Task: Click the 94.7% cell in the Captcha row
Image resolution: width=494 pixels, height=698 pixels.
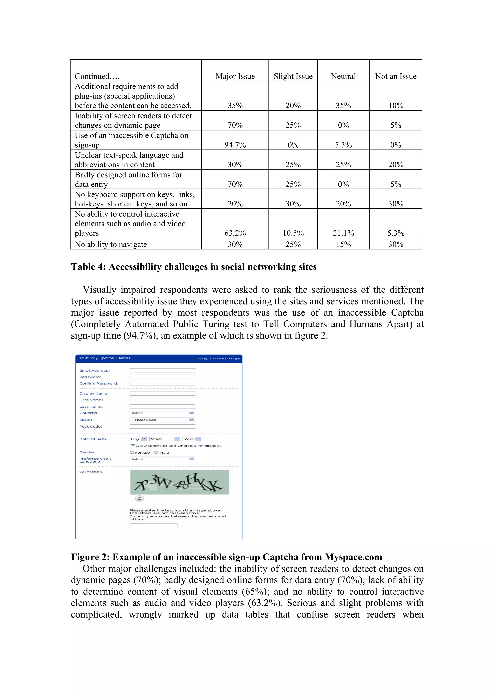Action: pyautogui.click(x=235, y=145)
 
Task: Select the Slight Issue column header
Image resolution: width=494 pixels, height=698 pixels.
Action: pyautogui.click(x=293, y=76)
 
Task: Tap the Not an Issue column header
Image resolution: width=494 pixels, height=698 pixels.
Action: pyautogui.click(x=395, y=76)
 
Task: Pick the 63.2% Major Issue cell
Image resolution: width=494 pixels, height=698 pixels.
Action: pyautogui.click(x=235, y=233)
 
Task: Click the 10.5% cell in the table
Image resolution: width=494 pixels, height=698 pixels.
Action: pyautogui.click(x=293, y=233)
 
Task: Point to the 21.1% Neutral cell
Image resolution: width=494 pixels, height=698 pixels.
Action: pyautogui.click(x=343, y=233)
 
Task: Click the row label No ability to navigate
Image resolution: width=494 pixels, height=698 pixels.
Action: pyautogui.click(x=111, y=244)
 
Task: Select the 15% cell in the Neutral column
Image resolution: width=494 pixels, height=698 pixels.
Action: pyautogui.click(x=343, y=244)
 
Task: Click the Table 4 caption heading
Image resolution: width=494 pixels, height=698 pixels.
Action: pyautogui.click(x=194, y=267)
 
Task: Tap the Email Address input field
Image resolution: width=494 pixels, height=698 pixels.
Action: pyautogui.click(x=162, y=370)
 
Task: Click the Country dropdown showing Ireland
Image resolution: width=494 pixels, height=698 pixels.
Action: pyautogui.click(x=162, y=413)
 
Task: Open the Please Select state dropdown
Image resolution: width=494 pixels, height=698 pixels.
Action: pyautogui.click(x=162, y=420)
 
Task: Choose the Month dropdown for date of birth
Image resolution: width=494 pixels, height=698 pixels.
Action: pyautogui.click(x=164, y=439)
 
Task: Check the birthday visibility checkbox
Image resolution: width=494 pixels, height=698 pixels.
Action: pyautogui.click(x=133, y=446)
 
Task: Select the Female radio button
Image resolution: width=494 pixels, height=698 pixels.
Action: pyautogui.click(x=132, y=452)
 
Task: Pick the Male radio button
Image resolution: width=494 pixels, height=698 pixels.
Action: pyautogui.click(x=156, y=452)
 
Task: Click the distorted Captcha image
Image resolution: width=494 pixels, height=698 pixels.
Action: pyautogui.click(x=179, y=482)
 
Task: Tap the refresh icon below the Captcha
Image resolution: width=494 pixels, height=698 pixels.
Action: pyautogui.click(x=139, y=499)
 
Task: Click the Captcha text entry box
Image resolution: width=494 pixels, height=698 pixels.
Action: pyautogui.click(x=153, y=526)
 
